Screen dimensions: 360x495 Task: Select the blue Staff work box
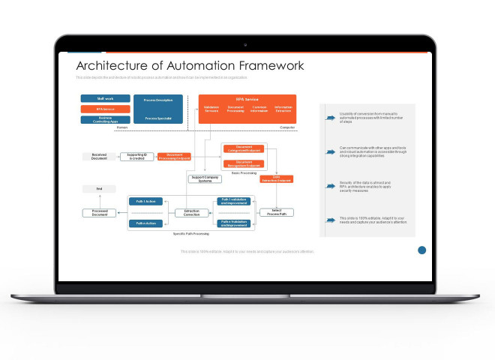click(105, 98)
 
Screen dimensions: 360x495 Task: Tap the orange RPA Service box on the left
click(105, 109)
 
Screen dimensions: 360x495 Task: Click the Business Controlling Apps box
click(105, 119)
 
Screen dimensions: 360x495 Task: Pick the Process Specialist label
click(158, 118)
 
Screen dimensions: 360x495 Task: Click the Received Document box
click(99, 157)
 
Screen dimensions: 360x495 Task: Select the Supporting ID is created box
click(136, 157)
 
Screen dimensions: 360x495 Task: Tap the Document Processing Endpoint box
click(174, 157)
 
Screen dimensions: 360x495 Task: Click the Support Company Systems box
click(205, 178)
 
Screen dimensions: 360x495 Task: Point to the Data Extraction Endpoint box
click(276, 178)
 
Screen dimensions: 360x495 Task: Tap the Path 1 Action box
click(146, 202)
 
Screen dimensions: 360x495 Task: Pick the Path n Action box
click(146, 223)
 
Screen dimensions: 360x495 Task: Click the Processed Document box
click(99, 213)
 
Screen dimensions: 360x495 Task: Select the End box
click(99, 189)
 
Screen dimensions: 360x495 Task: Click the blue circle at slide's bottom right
click(421, 250)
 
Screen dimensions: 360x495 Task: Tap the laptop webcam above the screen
click(247, 44)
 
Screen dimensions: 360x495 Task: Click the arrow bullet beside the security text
click(330, 184)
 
